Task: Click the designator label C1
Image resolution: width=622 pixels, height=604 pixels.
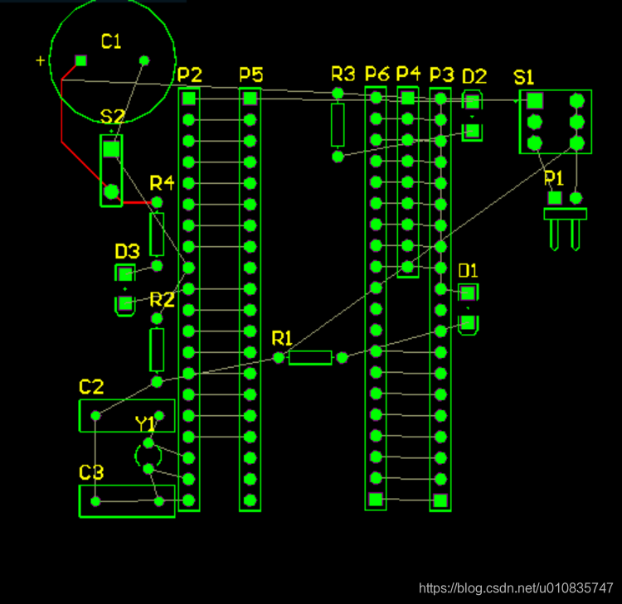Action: click(111, 41)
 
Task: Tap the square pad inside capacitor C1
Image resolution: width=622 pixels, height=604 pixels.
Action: click(81, 60)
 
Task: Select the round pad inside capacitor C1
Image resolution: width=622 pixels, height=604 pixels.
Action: click(144, 60)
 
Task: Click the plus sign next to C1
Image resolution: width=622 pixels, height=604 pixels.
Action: click(40, 60)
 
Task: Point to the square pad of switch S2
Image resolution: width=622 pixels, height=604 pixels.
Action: click(111, 149)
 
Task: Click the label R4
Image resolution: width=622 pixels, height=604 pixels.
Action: click(163, 183)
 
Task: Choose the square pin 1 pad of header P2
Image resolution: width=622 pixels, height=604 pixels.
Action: click(189, 99)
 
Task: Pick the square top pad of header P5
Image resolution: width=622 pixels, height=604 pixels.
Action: click(250, 99)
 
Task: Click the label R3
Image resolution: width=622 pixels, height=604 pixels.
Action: click(343, 74)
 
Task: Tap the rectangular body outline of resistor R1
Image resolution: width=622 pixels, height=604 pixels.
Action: click(310, 358)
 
